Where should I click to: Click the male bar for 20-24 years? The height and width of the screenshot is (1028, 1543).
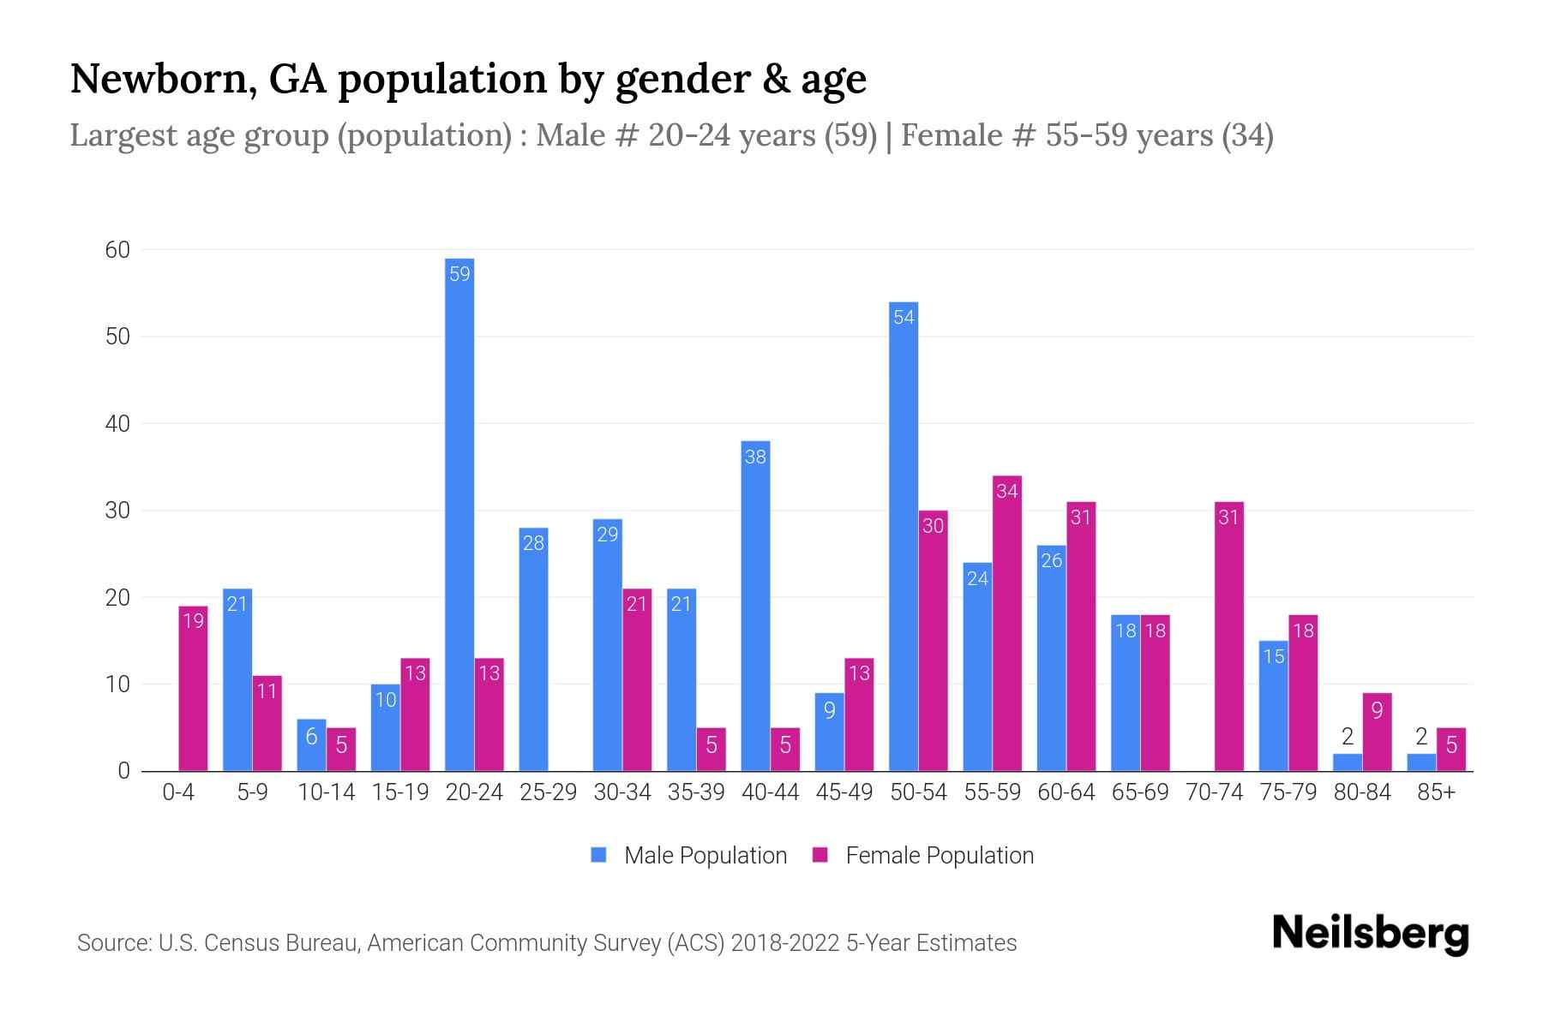[459, 514]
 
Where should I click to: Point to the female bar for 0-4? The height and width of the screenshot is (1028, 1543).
[193, 689]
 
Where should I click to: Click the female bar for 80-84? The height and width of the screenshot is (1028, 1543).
[1377, 732]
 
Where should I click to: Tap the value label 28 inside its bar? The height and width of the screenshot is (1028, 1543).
[533, 543]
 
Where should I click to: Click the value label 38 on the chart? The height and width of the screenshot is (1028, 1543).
[755, 457]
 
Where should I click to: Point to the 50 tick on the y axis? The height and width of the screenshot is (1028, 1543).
[117, 337]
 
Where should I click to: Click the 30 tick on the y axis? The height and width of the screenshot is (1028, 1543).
[117, 511]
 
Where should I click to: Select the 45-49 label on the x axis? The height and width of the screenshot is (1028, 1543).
[844, 792]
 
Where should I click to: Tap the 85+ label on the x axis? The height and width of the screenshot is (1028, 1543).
[1436, 792]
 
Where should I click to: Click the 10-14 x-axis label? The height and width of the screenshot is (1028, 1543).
[326, 792]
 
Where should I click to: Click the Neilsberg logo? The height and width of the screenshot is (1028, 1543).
[1370, 933]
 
